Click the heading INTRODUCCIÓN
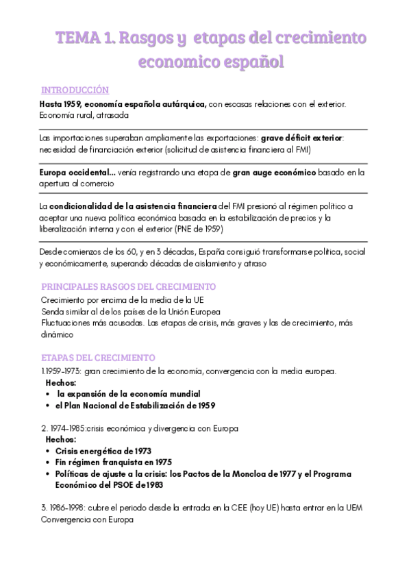pos(75,90)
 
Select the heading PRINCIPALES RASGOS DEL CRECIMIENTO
pos(129,286)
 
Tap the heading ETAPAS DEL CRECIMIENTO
pos(99,358)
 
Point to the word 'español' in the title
pos(250,63)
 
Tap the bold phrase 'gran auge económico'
pos(274,171)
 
